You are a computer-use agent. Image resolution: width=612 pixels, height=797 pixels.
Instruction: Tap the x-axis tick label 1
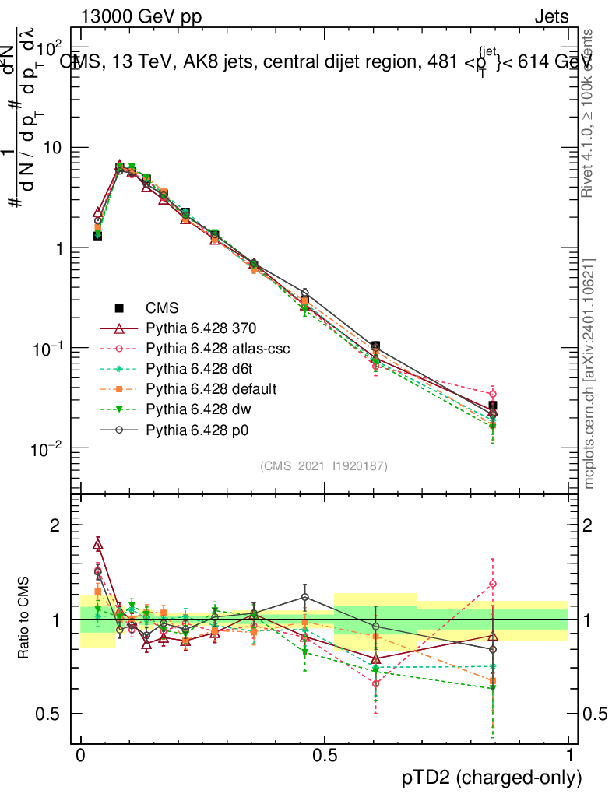click(x=569, y=756)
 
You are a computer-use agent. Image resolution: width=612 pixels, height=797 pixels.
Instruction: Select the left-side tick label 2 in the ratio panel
click(x=55, y=525)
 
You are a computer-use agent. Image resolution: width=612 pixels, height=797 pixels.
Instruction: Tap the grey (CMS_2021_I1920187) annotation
click(x=324, y=465)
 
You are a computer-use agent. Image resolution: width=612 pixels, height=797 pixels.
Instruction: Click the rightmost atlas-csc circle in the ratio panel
click(x=492, y=584)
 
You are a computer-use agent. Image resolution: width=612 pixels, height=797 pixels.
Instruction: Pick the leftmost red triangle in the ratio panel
click(x=98, y=544)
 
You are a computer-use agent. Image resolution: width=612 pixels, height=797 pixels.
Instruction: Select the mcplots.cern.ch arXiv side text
click(x=590, y=374)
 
